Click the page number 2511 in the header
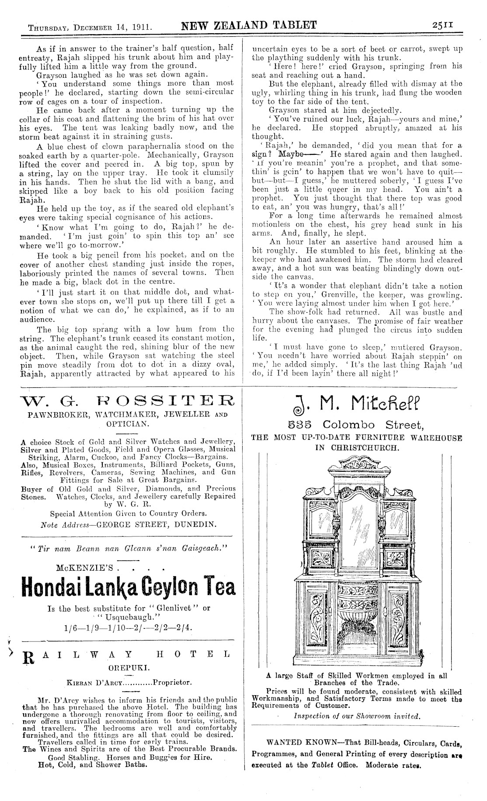click(x=442, y=25)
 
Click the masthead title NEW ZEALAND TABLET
click(x=249, y=25)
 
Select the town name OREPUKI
click(x=128, y=668)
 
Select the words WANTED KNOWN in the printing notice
click(x=296, y=742)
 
